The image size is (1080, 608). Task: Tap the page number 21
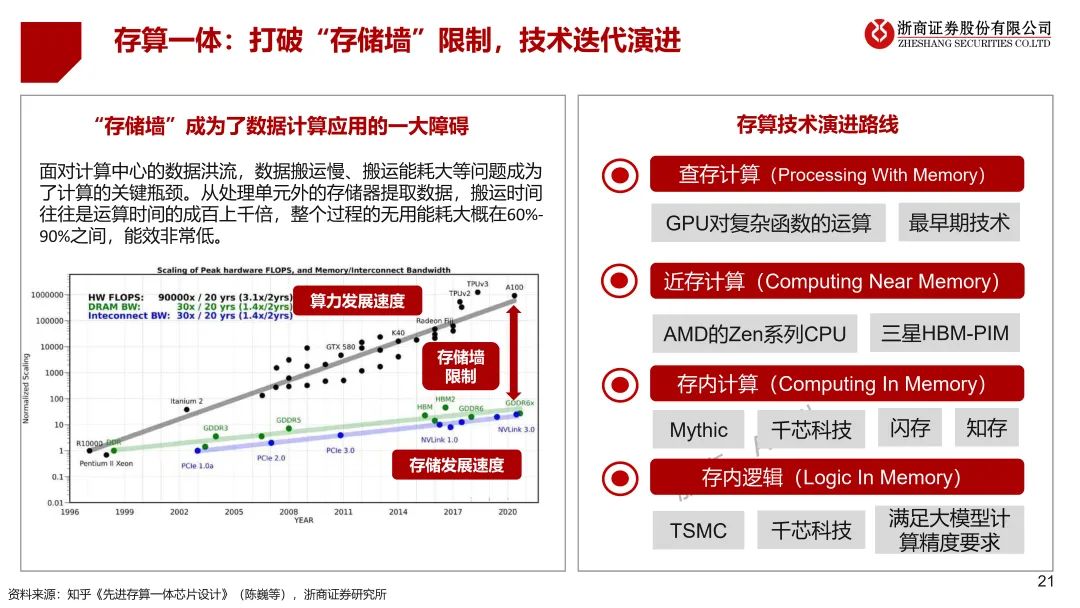(1046, 582)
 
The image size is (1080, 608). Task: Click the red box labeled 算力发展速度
(357, 301)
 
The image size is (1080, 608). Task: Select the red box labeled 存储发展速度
(456, 465)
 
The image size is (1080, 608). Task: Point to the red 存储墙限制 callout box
(457, 367)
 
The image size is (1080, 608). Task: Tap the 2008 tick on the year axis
(289, 511)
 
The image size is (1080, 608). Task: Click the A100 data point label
(515, 287)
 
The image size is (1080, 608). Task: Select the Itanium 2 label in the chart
(186, 401)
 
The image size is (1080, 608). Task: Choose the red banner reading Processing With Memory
(836, 175)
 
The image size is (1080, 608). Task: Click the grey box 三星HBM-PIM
(945, 333)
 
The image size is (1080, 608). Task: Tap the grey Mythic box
(698, 430)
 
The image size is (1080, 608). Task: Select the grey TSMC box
(698, 530)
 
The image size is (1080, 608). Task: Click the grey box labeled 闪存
(910, 428)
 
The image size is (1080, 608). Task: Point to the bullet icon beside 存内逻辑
(620, 478)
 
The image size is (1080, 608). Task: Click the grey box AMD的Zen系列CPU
(755, 333)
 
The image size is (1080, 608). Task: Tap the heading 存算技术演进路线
(817, 124)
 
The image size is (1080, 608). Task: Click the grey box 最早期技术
(959, 222)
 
